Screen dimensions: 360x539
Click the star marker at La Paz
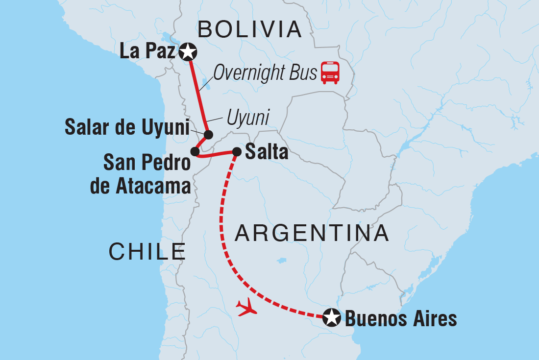(188, 51)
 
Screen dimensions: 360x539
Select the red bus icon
(330, 73)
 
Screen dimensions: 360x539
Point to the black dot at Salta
(236, 152)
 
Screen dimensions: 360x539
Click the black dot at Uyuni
(208, 135)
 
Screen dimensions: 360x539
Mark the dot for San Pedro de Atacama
(195, 152)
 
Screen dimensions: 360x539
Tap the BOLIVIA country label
(249, 30)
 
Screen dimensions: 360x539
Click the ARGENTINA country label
(312, 234)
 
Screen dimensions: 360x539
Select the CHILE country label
(147, 252)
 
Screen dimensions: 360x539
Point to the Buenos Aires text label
(401, 319)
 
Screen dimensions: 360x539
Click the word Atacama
(140, 186)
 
